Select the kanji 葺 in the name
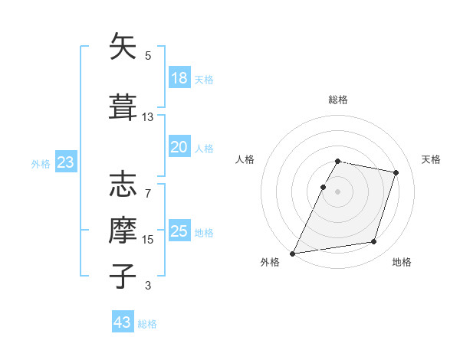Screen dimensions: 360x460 point(123,107)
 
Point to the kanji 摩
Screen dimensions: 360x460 point(123,228)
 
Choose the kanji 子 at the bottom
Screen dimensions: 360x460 point(123,274)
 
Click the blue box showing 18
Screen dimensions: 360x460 point(179,78)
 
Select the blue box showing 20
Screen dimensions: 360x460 point(179,147)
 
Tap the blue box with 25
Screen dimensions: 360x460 point(179,231)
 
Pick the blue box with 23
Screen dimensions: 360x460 point(65,162)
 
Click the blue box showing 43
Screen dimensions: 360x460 point(123,322)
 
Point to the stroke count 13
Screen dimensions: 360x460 point(148,117)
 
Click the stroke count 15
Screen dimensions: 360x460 point(148,239)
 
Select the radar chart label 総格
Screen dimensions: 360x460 point(338,100)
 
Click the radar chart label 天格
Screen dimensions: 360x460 point(431,159)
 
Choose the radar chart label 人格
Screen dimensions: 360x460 point(245,159)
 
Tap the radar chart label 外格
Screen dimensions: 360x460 point(270,262)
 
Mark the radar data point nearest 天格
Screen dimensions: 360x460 point(396,172)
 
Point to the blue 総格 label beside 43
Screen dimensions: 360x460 point(147,324)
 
